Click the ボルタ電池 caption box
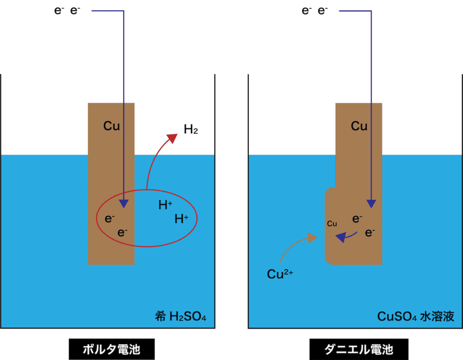[x=112, y=349]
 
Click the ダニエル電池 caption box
[x=359, y=349]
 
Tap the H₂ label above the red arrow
[x=191, y=129]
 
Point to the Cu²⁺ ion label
[x=280, y=274]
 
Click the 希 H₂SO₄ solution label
[x=181, y=316]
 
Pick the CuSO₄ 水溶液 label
[x=415, y=316]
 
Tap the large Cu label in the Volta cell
[x=112, y=126]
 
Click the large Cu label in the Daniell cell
[x=359, y=126]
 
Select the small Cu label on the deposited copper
[x=332, y=224]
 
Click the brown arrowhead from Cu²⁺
[x=312, y=238]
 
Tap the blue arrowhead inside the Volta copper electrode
[x=124, y=204]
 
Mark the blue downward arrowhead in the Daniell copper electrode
[x=371, y=204]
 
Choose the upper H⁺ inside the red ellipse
[x=166, y=205]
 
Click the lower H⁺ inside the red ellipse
[x=181, y=219]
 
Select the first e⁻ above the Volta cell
[x=59, y=10]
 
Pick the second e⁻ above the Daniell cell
[x=323, y=10]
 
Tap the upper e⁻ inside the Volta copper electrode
[x=110, y=219]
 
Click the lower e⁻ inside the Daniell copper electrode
[x=370, y=232]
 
